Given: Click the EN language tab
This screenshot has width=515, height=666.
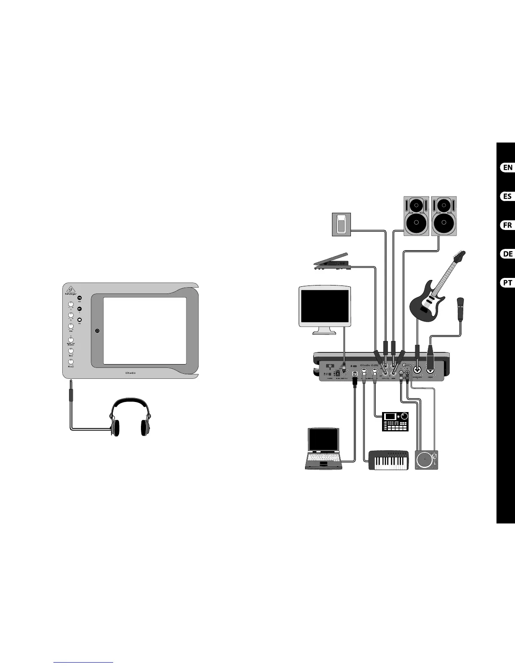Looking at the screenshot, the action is pos(507,167).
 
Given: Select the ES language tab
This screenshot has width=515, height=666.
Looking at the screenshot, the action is pos(507,196).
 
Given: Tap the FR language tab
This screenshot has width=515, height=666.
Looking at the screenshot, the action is pos(507,225).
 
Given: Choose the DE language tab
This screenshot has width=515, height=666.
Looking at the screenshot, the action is pos(507,254).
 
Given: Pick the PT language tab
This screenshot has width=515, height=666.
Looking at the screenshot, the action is pos(507,283).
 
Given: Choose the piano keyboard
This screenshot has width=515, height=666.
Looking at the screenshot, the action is pos(389,460).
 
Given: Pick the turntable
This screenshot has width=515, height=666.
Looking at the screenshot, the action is pos(427,460).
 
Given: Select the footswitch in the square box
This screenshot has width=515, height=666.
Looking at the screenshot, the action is pos(341,225).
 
